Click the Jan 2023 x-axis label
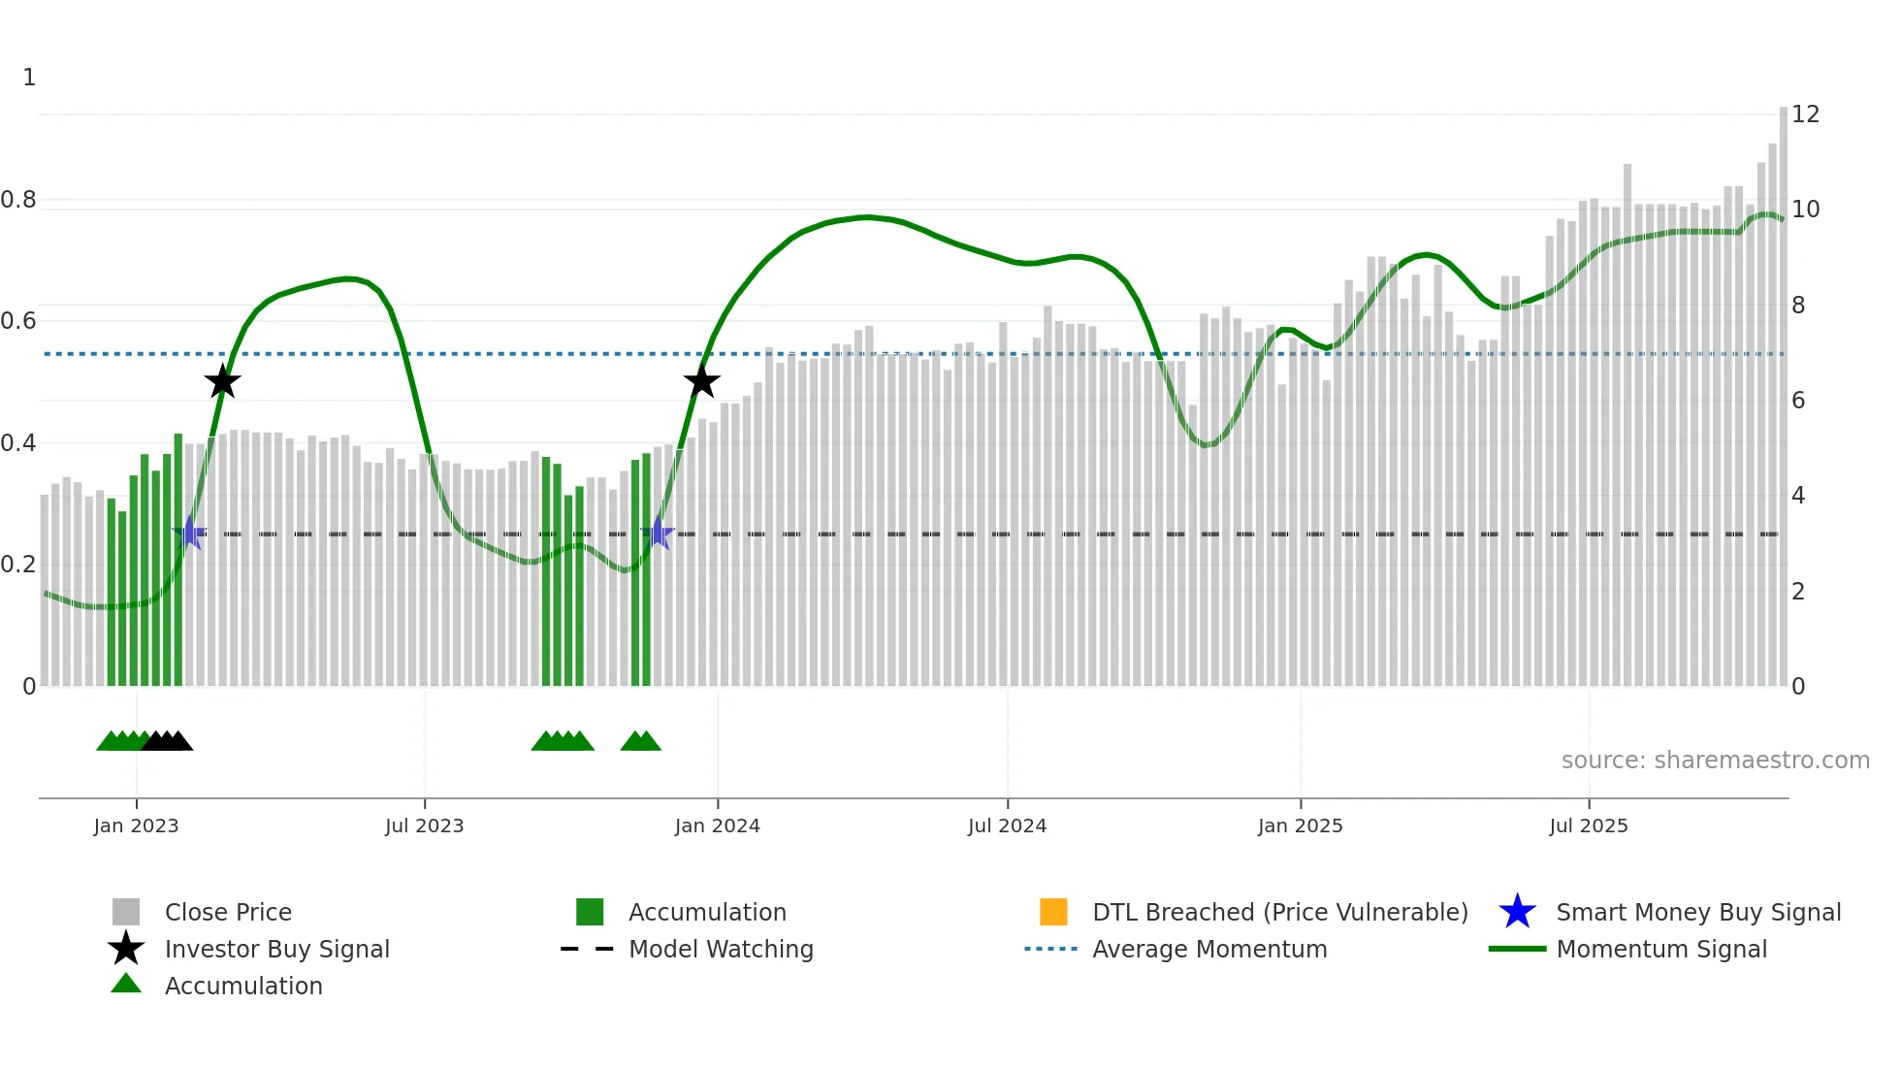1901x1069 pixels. click(x=136, y=826)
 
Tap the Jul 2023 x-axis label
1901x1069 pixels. click(x=424, y=826)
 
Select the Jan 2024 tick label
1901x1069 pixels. click(x=717, y=826)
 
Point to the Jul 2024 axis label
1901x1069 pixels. click(x=1007, y=826)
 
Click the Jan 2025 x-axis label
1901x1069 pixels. click(x=1300, y=826)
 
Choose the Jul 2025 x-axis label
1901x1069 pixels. click(x=1588, y=826)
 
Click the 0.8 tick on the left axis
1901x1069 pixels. click(x=18, y=200)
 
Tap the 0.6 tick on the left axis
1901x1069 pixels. click(x=18, y=321)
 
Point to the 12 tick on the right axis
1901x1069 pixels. click(x=1805, y=114)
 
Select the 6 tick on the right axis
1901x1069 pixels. click(x=1798, y=401)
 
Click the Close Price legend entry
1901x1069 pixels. click(x=228, y=912)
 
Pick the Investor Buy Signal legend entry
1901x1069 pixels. click(x=276, y=949)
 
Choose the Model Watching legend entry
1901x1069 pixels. click(x=721, y=949)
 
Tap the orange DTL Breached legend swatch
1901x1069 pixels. click(x=1053, y=912)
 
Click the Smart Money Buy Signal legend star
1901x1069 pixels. click(x=1517, y=912)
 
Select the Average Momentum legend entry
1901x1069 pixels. click(x=1209, y=949)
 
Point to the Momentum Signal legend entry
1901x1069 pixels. click(x=1661, y=949)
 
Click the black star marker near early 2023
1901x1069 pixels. click(x=222, y=381)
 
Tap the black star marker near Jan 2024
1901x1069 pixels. click(x=701, y=381)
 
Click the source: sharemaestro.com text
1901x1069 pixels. click(x=1715, y=761)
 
